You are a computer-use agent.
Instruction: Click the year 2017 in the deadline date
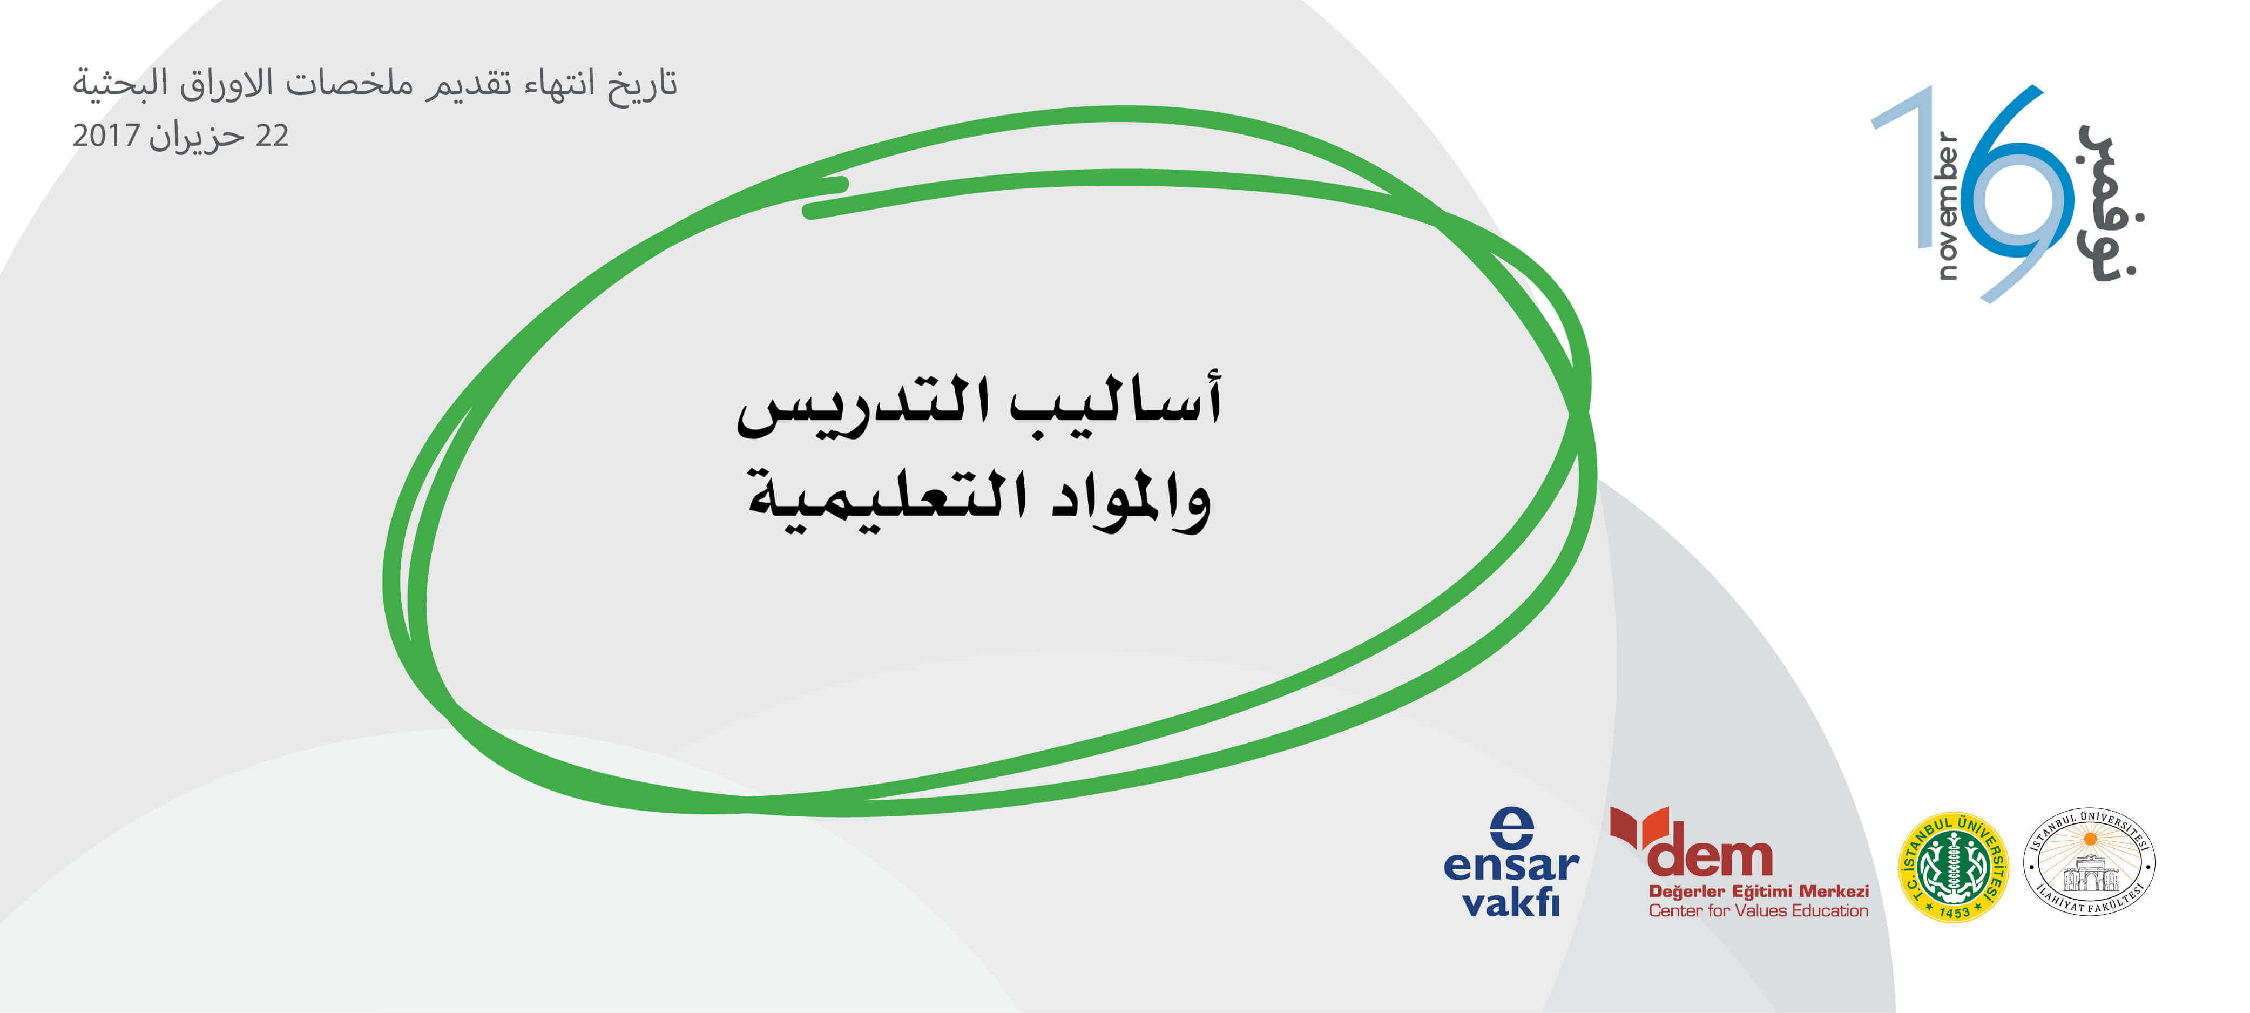pos(106,136)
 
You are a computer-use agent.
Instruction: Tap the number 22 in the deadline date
pos(272,136)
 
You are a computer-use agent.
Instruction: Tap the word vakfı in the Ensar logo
pos(1511,901)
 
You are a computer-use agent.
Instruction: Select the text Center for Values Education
pos(1758,911)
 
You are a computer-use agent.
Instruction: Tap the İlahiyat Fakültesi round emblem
pos(2089,861)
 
